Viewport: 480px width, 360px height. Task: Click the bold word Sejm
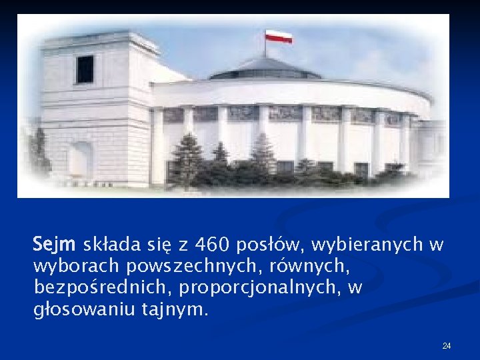(x=55, y=245)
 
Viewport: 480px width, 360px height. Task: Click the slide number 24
(x=447, y=345)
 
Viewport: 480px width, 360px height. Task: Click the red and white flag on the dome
(x=279, y=36)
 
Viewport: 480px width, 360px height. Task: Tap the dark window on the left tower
(x=85, y=69)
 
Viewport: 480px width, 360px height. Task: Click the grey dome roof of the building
(x=265, y=67)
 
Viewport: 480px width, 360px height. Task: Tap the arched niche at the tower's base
(x=80, y=160)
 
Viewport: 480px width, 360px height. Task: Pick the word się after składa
(x=151, y=245)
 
